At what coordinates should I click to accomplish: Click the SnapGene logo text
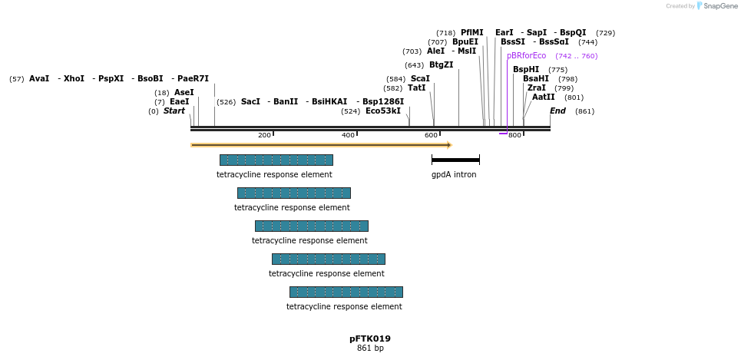tap(717, 6)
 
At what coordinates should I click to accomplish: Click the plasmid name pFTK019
tap(370, 339)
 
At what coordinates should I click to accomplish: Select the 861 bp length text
tap(370, 348)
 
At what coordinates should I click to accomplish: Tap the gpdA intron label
tap(454, 175)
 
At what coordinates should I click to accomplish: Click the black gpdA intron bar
tap(455, 160)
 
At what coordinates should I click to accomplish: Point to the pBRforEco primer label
tap(527, 56)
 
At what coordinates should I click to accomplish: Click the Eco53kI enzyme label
tap(383, 111)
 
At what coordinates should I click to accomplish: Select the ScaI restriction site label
tap(420, 79)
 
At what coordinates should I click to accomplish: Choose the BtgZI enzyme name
tap(441, 65)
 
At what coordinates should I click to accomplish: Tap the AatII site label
tap(544, 97)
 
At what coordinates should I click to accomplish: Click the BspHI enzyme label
tap(526, 70)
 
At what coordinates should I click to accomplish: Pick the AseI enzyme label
tap(184, 93)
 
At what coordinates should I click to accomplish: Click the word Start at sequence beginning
tap(174, 111)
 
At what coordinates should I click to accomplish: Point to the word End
tap(557, 111)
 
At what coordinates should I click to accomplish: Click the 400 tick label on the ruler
tap(348, 136)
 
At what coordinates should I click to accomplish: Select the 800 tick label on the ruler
tap(514, 136)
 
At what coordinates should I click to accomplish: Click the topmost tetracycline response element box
tap(276, 160)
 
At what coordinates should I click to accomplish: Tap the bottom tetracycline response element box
tap(346, 292)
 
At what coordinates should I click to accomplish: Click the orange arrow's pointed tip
tap(449, 144)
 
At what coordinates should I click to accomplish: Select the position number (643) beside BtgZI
tap(415, 65)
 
